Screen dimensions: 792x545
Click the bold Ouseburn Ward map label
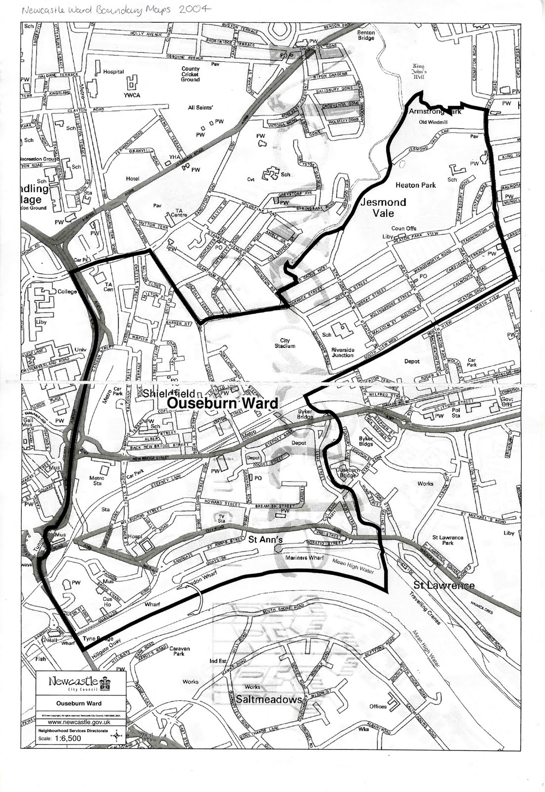pos(222,403)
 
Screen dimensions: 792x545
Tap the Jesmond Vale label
pos(384,207)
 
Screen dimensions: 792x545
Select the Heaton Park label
pos(415,185)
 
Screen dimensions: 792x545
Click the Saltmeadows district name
pos(269,699)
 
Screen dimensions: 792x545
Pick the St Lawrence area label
pos(444,586)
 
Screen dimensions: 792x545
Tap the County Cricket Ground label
pos(191,74)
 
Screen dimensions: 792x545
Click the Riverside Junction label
pos(343,352)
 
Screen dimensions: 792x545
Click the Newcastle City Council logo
pos(79,683)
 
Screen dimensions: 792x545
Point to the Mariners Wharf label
pos(304,558)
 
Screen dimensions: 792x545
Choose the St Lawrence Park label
pos(448,540)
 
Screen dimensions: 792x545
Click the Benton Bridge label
pos(366,35)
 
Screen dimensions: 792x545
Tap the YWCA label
pos(132,95)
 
